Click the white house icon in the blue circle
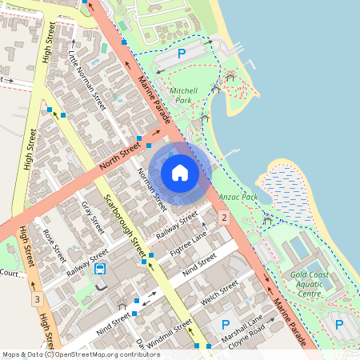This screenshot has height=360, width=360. (x=180, y=173)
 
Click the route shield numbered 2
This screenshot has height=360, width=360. (x=225, y=218)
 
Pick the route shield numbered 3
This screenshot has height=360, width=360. (x=37, y=300)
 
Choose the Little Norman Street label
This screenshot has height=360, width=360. (x=86, y=80)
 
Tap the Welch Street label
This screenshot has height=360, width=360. (x=220, y=293)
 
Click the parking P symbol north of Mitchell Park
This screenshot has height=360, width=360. (x=181, y=54)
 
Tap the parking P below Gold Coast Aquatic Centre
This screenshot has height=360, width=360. (x=339, y=325)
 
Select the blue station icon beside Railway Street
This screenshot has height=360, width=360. (x=100, y=269)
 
